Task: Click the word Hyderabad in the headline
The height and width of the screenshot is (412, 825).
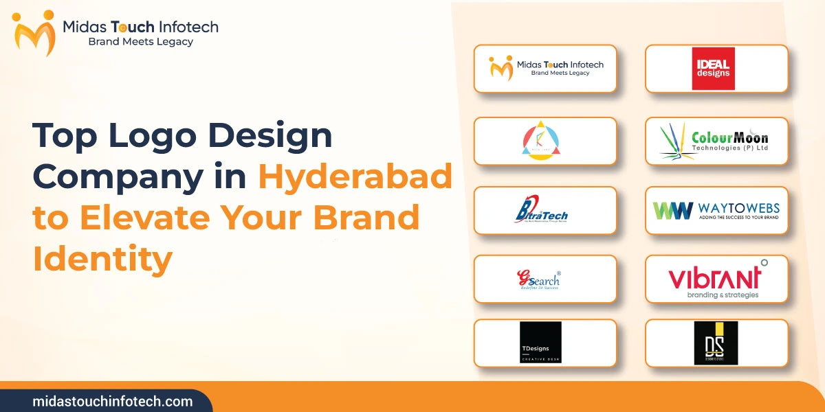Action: pos(355,177)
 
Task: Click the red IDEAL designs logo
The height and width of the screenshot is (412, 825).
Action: pos(713,69)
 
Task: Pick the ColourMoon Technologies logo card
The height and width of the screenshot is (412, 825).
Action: pos(716,141)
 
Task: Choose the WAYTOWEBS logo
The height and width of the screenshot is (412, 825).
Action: pos(716,209)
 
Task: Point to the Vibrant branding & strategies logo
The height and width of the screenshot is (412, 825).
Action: pos(716,279)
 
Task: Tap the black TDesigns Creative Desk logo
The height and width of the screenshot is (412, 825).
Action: pos(540,343)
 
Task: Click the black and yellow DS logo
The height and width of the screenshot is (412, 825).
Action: pos(716,343)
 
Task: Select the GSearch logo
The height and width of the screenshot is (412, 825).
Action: pos(539,279)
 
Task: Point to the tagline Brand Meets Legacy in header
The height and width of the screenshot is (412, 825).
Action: pos(141,42)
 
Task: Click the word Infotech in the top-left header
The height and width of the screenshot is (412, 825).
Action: pos(187,27)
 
